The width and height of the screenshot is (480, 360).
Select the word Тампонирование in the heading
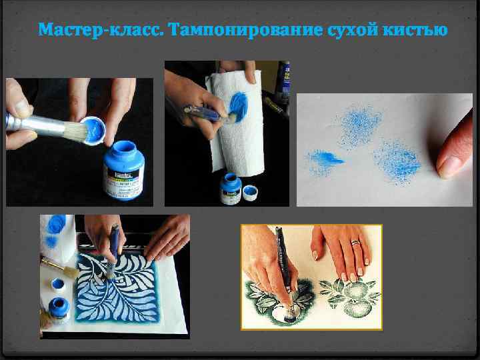coord(228,31)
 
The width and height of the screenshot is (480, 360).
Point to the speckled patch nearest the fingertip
coord(398,161)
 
